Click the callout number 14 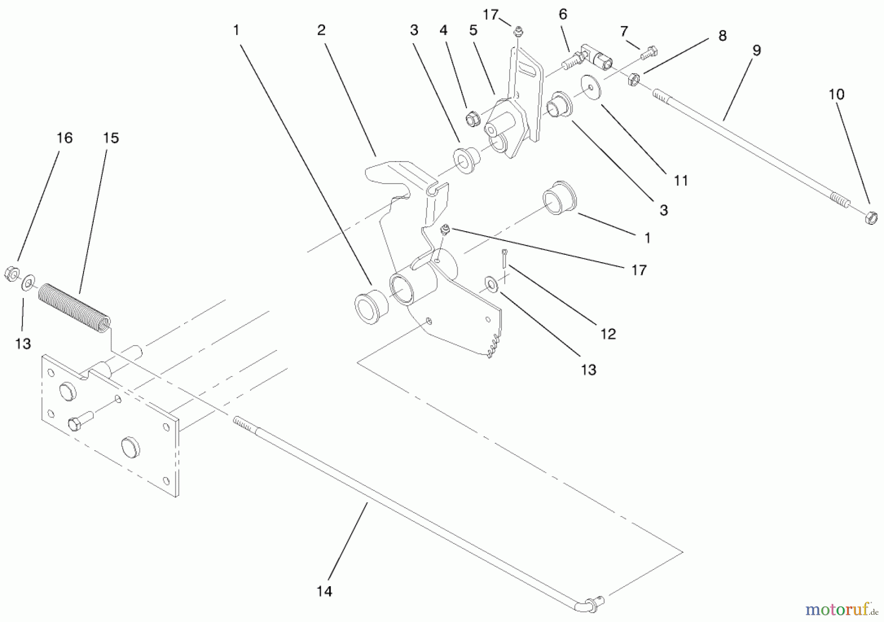(x=324, y=591)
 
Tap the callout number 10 (x=836, y=94)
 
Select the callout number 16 (x=64, y=138)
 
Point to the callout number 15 (x=111, y=138)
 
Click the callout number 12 (x=608, y=334)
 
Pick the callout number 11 (x=681, y=181)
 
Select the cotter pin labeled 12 (x=504, y=258)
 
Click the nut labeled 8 (x=634, y=79)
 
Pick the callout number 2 (x=321, y=30)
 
